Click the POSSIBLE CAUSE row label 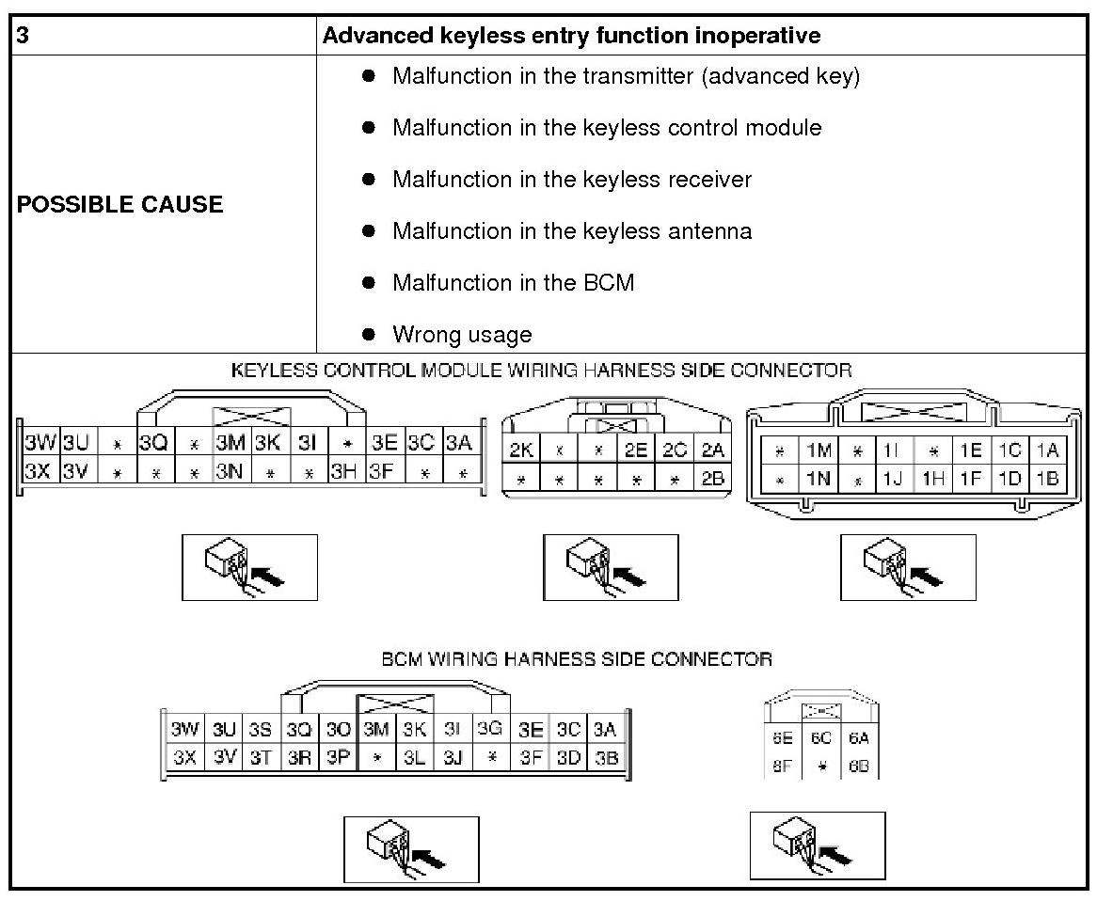119,205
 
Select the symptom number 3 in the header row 23,37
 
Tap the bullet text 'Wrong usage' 462,335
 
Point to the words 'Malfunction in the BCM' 513,283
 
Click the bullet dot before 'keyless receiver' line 369,179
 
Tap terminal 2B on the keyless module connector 712,479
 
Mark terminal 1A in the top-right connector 1046,450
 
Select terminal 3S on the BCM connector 260,730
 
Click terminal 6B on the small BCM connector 858,767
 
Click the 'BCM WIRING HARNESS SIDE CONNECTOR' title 577,659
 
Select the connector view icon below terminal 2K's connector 611,567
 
